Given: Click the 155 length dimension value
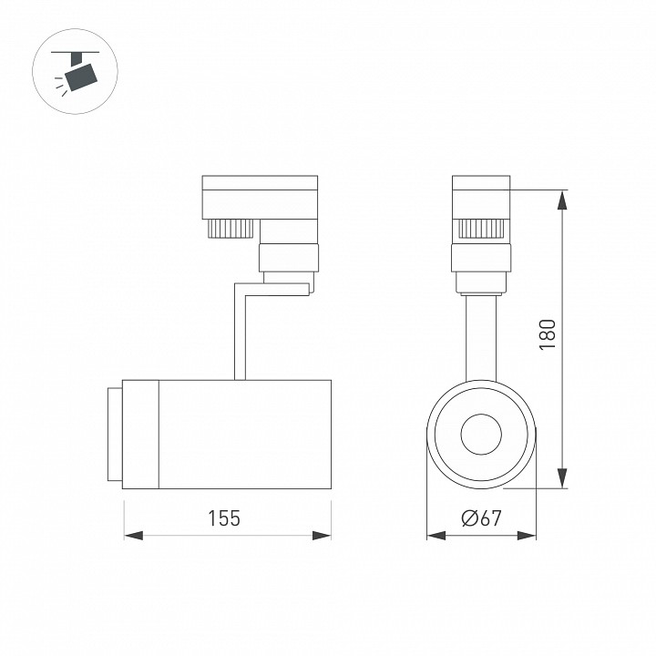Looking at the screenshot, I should tap(224, 518).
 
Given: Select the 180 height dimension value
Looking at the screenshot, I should tap(547, 336).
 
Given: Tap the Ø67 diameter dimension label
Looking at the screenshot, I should tap(481, 518).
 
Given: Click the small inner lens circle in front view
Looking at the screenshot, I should tap(481, 435).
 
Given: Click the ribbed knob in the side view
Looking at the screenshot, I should tap(230, 227).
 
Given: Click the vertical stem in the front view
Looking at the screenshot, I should tap(481, 337).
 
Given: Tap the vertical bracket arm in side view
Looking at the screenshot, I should tap(240, 333).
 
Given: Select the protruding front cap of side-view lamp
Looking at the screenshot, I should tap(113, 434).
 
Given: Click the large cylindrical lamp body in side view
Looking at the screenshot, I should tap(244, 434).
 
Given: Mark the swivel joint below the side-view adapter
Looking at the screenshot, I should tap(289, 259).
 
